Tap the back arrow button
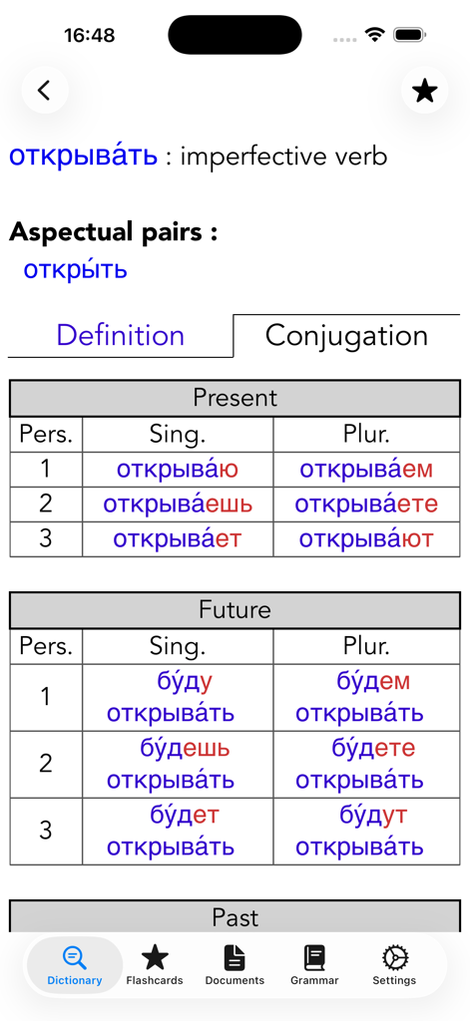point(44,91)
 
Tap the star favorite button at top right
point(424,91)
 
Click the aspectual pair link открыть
point(76,269)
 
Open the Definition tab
point(120,335)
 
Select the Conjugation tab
point(346,335)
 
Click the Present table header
point(235,398)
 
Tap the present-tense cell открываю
point(178,470)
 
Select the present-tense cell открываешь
point(178,505)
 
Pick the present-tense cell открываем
point(366,470)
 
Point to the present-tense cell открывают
point(366,539)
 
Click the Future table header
point(235,610)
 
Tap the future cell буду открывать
point(171,697)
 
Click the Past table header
point(235,916)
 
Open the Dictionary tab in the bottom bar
point(75,965)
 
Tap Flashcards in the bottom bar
point(155,965)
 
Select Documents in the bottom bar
point(235,965)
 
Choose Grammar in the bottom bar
point(314,965)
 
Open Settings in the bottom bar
point(394,965)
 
